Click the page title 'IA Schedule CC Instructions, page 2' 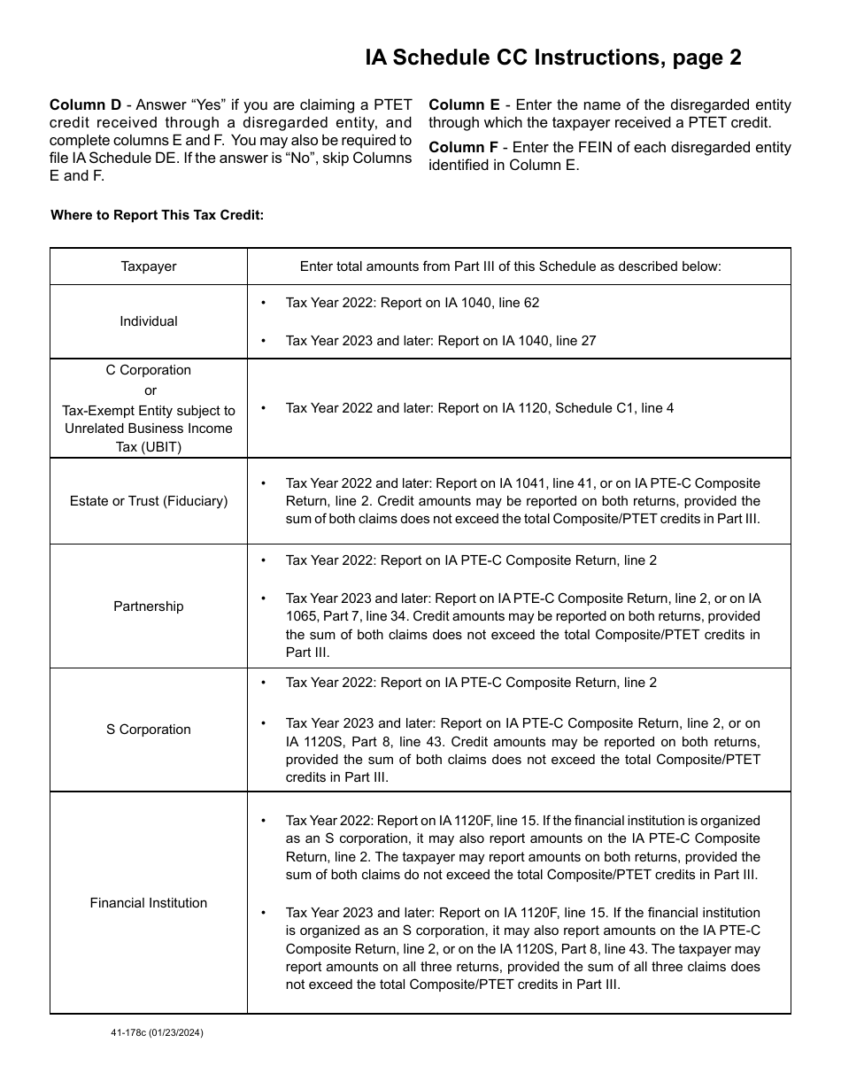click(x=553, y=58)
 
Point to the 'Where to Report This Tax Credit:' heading click(x=158, y=215)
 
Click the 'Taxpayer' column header click(x=149, y=266)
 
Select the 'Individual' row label click(x=149, y=321)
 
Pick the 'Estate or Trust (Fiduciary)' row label click(x=149, y=501)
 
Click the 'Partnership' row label click(x=149, y=606)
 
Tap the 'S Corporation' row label click(x=149, y=730)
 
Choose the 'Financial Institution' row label click(x=149, y=903)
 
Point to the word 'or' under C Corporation click(x=150, y=390)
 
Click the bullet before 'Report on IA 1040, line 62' click(x=264, y=304)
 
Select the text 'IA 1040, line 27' click(x=547, y=341)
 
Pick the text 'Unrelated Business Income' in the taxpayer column click(x=149, y=429)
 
